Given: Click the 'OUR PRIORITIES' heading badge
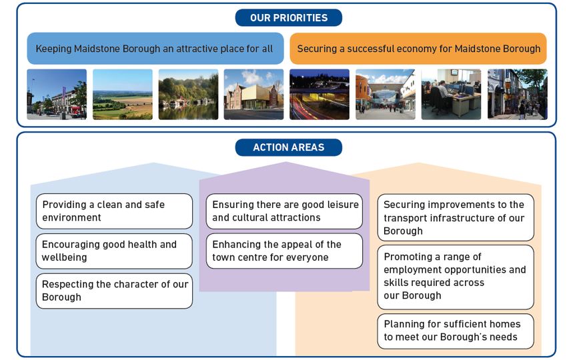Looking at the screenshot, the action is click(289, 18).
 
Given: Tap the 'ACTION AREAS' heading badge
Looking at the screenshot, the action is click(289, 147).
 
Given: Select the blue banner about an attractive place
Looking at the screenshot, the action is click(155, 49).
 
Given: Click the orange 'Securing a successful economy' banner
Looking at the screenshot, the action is click(418, 49).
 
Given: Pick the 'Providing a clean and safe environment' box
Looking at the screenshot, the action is click(114, 211).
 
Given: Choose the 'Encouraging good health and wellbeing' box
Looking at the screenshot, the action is click(114, 251).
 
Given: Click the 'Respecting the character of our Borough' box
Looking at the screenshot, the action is click(114, 291).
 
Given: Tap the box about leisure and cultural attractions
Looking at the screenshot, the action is click(284, 211).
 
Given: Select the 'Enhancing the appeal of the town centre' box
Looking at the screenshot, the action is click(284, 251).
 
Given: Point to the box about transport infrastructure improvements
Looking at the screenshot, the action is click(456, 217).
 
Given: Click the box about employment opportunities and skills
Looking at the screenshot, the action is click(456, 277).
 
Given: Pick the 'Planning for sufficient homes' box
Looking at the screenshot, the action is click(456, 331).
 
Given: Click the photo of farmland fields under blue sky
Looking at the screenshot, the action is click(123, 95).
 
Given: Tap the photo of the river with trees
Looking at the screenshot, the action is click(188, 95).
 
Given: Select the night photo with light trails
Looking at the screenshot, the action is click(320, 95).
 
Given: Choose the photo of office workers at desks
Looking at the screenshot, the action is click(452, 95).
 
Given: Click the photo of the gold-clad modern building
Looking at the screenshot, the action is click(254, 95).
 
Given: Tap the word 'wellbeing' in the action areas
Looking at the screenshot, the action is click(64, 258).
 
